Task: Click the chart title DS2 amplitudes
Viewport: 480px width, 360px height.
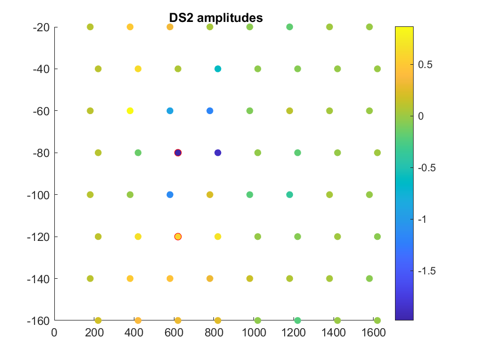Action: point(216,18)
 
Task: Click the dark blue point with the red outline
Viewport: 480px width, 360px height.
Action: point(178,153)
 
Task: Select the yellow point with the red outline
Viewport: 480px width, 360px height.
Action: point(178,237)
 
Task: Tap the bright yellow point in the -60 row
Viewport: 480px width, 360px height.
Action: point(130,111)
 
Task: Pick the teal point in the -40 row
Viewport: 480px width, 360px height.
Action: point(218,69)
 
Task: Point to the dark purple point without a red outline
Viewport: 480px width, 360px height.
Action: point(218,153)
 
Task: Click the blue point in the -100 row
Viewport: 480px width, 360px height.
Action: point(170,195)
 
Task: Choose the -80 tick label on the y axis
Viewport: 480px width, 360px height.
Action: point(41,153)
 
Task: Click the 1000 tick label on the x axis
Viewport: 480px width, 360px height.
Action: point(254,333)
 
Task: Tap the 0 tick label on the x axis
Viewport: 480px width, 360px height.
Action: point(54,333)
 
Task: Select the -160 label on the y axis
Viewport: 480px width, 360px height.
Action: point(38,321)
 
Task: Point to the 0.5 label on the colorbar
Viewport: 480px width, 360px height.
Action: point(425,65)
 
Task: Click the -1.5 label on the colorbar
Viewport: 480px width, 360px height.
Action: point(427,271)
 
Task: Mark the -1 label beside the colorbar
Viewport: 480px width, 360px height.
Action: point(422,220)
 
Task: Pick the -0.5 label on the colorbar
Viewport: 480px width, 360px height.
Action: point(427,168)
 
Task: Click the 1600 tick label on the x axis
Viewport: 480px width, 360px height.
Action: point(374,333)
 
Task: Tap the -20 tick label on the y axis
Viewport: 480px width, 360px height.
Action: point(41,27)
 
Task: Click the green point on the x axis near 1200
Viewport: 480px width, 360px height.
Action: point(297,320)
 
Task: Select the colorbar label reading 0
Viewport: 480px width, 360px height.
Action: point(421,116)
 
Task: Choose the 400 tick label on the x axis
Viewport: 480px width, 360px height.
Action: point(134,333)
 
